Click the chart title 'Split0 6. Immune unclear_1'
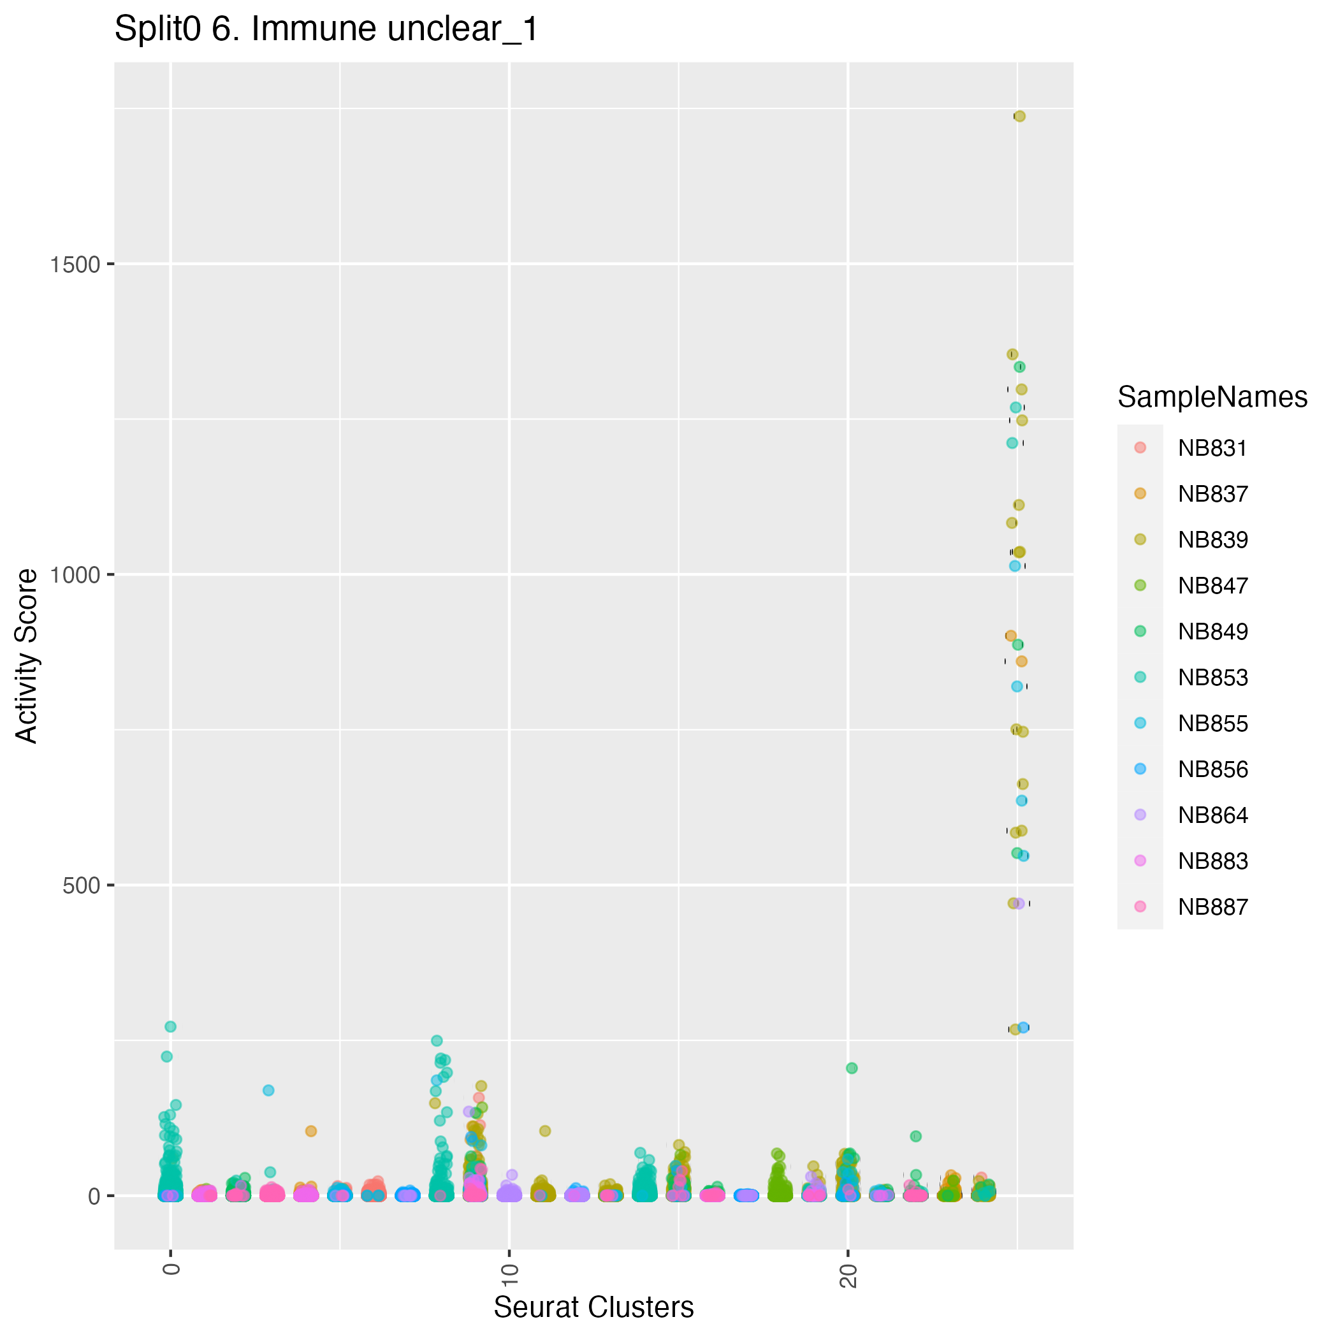pyautogui.click(x=326, y=30)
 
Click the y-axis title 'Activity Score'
pyautogui.click(x=27, y=656)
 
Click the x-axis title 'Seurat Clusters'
pyautogui.click(x=593, y=1307)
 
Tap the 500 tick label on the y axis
pyautogui.click(x=81, y=885)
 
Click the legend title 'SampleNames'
pyautogui.click(x=1212, y=398)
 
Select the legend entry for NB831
pyautogui.click(x=1212, y=448)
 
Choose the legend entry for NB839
pyautogui.click(x=1212, y=539)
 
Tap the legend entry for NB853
pyautogui.click(x=1212, y=678)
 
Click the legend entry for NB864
pyautogui.click(x=1212, y=815)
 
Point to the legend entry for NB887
pyautogui.click(x=1212, y=906)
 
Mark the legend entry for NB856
pyautogui.click(x=1212, y=769)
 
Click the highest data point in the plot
pyautogui.click(x=1019, y=117)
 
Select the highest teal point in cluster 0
pyautogui.click(x=170, y=1026)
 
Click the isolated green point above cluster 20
pyautogui.click(x=852, y=1068)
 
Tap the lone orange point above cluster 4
pyautogui.click(x=311, y=1131)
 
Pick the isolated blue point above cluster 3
pyautogui.click(x=269, y=1090)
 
